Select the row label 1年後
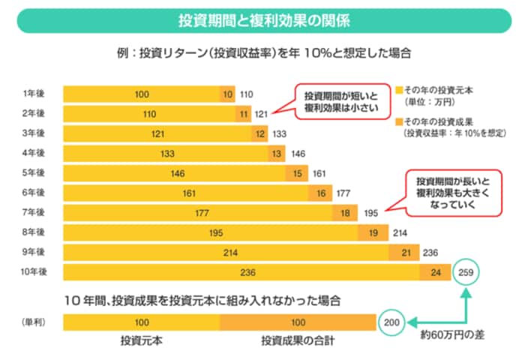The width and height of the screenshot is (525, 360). [34, 94]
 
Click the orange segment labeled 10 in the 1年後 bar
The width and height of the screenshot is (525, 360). [228, 94]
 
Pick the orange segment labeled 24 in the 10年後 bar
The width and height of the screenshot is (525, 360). [435, 273]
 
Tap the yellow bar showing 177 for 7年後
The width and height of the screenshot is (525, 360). [200, 213]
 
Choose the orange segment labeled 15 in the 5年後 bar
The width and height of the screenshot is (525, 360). [298, 173]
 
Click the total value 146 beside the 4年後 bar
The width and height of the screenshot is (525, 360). [298, 154]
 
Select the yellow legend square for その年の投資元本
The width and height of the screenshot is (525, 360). [400, 88]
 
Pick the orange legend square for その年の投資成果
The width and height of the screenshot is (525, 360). [400, 121]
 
